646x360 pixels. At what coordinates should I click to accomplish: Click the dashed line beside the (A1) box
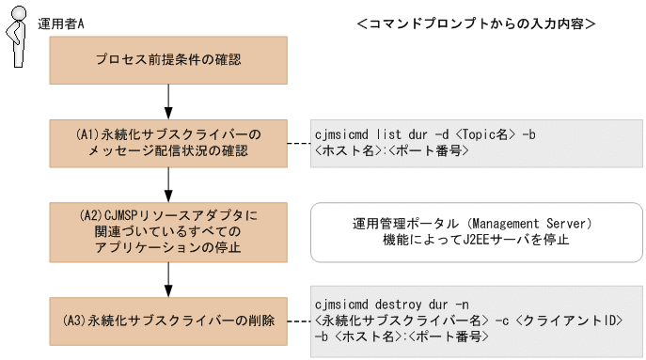point(298,144)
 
